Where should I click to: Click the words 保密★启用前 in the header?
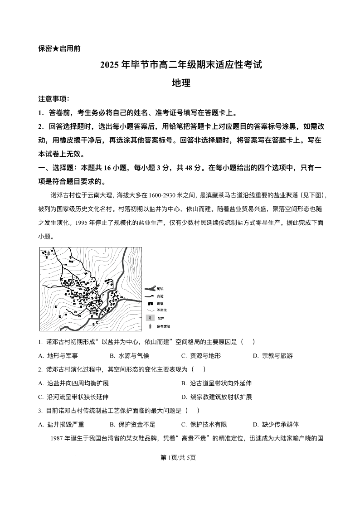59,48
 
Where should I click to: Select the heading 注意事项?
54,99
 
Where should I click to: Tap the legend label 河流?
161,288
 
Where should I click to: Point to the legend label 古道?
161,296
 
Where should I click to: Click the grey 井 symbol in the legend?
149,318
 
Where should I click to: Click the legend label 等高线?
162,310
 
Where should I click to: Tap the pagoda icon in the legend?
149,326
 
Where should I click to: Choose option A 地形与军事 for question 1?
58,356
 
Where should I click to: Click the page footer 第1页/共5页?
180,458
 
